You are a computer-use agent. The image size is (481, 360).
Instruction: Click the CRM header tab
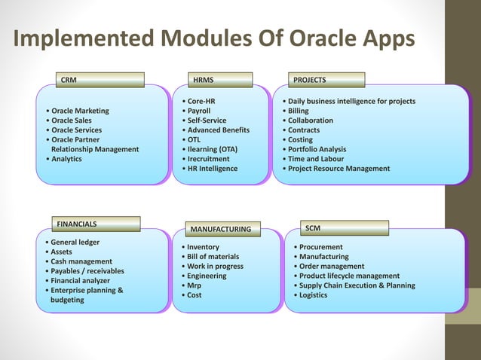tap(99, 80)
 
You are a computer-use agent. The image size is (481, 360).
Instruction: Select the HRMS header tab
tap(220, 80)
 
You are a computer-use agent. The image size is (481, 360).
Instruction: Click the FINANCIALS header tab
tap(96, 224)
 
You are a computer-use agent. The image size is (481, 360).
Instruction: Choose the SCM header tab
tap(345, 227)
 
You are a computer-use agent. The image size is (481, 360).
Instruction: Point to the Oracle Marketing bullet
tap(80, 111)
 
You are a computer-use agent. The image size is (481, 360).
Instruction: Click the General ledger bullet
tap(75, 243)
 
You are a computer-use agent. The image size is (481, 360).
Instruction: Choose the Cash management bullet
tap(81, 261)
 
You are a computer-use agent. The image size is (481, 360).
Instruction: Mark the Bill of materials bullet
tap(213, 257)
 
